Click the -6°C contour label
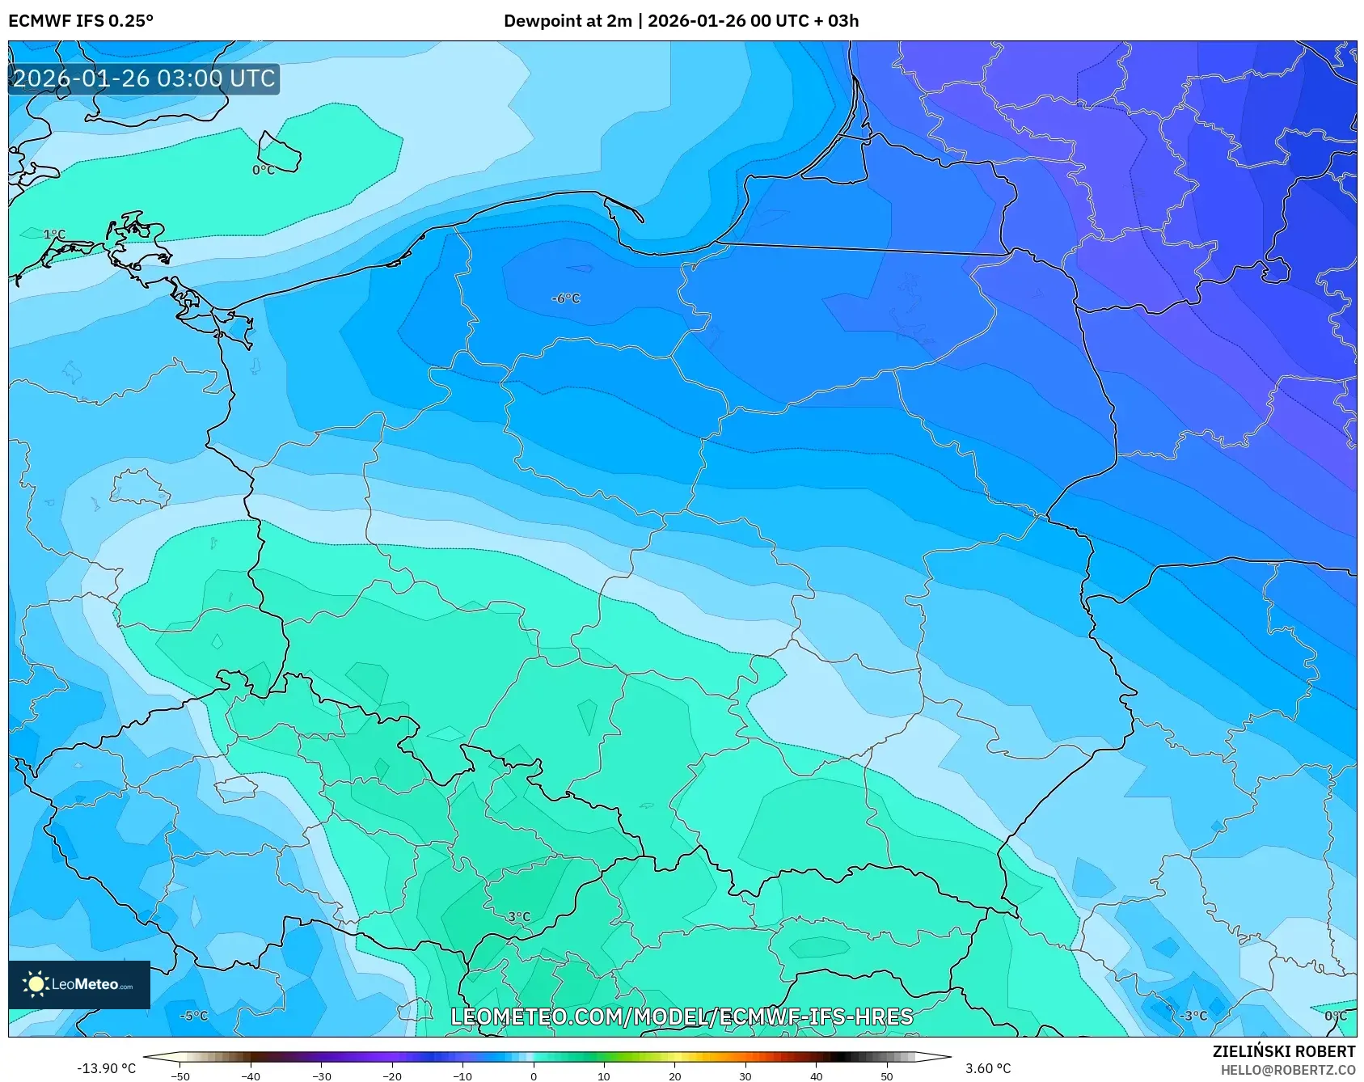point(565,298)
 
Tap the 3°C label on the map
point(519,917)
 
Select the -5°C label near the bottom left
point(194,1016)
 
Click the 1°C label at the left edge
point(54,235)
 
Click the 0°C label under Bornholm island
point(264,170)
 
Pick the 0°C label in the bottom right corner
point(1336,1016)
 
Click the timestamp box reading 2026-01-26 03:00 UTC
point(144,78)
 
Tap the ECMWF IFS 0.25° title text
point(81,21)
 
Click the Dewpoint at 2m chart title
point(681,21)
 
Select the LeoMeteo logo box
point(79,984)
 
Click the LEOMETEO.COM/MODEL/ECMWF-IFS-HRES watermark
point(682,1016)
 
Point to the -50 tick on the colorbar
point(180,1076)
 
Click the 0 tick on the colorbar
point(534,1076)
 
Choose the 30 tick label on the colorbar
point(745,1076)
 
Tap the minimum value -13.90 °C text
point(106,1068)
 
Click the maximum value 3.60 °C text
point(988,1068)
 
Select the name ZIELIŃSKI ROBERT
point(1283,1051)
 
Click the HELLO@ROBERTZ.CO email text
point(1287,1070)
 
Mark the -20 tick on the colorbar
point(392,1076)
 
